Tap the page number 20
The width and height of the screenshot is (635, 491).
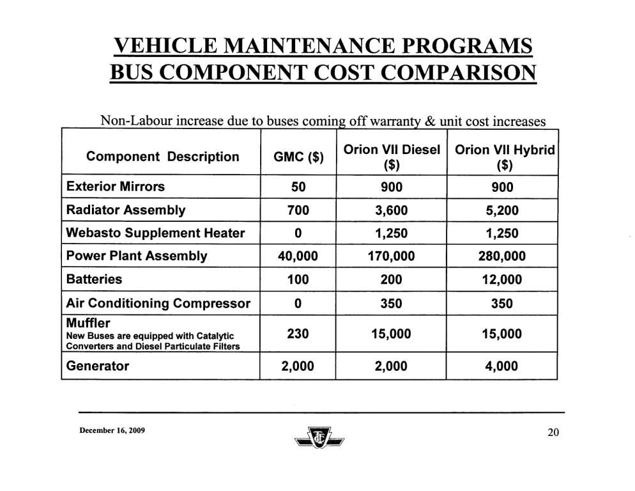(x=553, y=433)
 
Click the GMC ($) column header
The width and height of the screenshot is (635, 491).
(x=298, y=157)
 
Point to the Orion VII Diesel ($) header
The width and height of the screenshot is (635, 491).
(x=392, y=157)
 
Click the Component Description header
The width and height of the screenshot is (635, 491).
(x=163, y=157)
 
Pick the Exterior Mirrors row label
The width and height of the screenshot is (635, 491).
(x=115, y=187)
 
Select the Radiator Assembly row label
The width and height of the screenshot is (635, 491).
(x=126, y=210)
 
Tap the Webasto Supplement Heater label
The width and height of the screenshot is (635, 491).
(x=155, y=233)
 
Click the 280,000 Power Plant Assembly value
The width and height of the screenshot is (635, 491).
(x=501, y=256)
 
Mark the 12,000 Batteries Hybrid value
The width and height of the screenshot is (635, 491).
(x=501, y=279)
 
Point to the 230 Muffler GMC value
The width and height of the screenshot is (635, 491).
(x=298, y=334)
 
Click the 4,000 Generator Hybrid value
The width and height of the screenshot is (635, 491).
(x=501, y=366)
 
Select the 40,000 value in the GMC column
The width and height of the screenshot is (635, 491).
(x=298, y=256)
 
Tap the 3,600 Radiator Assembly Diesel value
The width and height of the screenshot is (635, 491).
(x=392, y=210)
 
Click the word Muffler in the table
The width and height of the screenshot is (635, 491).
(x=88, y=323)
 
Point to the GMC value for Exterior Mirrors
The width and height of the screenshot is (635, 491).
(x=298, y=187)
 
